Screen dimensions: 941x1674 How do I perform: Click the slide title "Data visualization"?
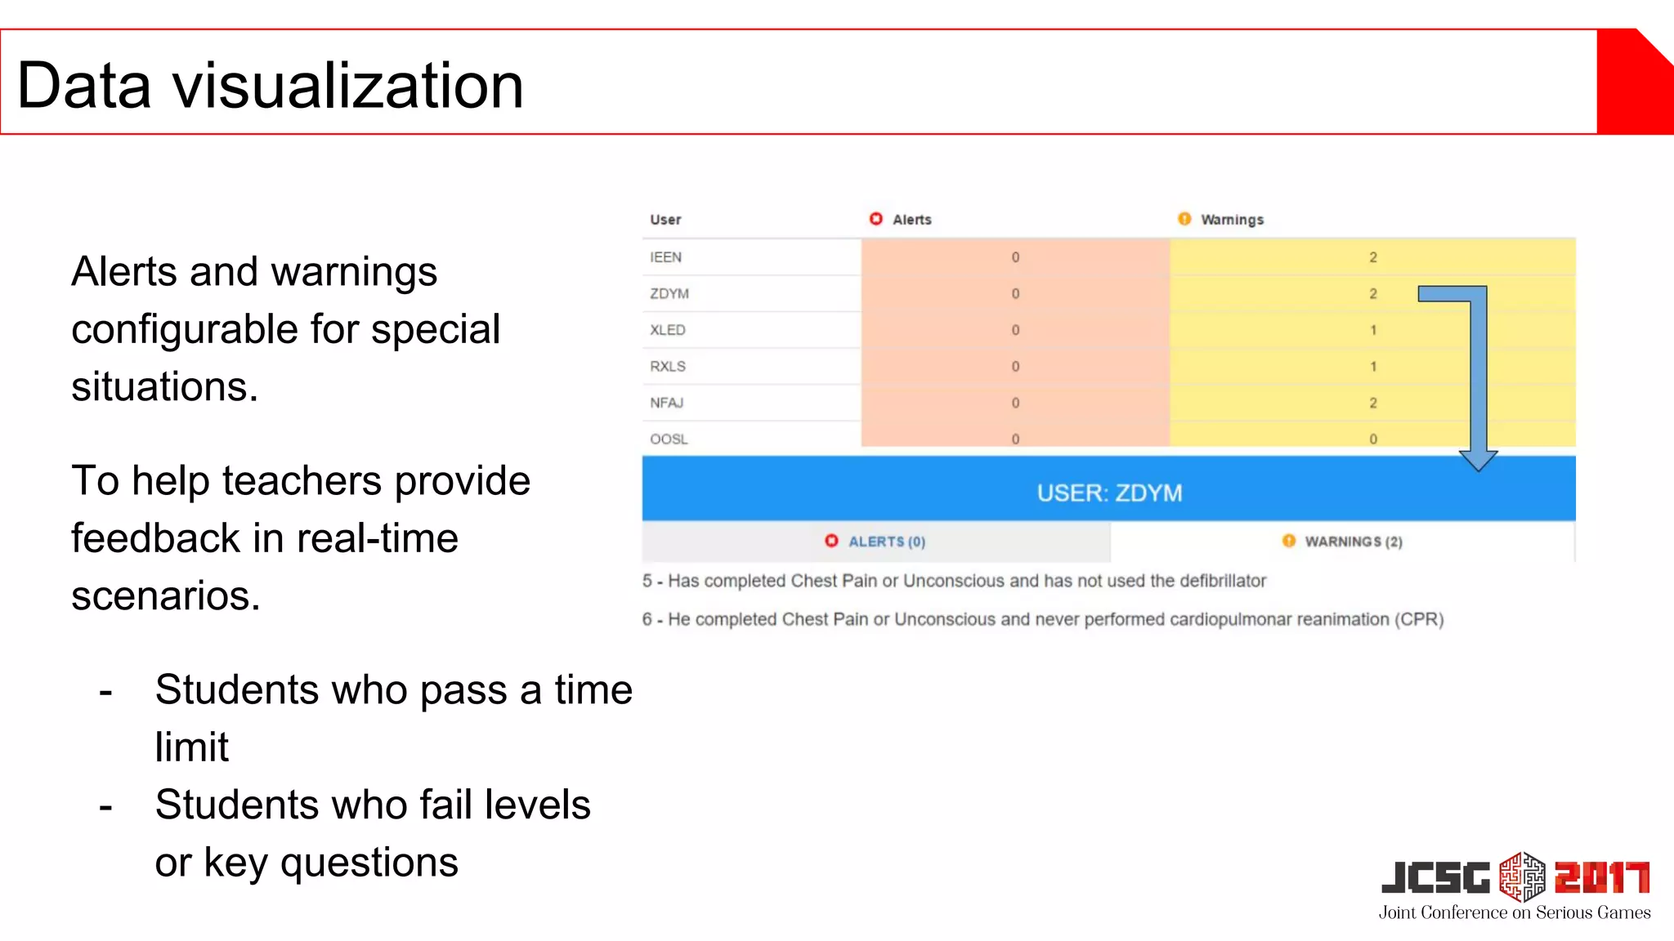pos(270,85)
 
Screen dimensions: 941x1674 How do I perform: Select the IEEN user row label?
pos(665,257)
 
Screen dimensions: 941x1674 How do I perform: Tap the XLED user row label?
pos(667,330)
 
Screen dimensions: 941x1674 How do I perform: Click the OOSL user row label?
pos(669,439)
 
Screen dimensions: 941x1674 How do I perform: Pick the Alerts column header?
pos(911,220)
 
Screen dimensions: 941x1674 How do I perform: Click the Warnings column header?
pos(1231,220)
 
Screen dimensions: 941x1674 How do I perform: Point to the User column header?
pos(665,220)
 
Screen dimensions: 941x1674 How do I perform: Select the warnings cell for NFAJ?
pos(1372,403)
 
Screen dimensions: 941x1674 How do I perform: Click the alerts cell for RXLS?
pos(1014,367)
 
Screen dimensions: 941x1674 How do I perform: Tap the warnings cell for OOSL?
pos(1372,439)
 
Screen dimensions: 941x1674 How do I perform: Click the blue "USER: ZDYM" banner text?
pos(1109,493)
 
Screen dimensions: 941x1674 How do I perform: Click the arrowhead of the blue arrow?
pos(1479,462)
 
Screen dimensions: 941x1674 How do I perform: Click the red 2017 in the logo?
pos(1601,878)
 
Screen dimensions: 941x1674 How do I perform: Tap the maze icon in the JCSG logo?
pos(1522,876)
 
